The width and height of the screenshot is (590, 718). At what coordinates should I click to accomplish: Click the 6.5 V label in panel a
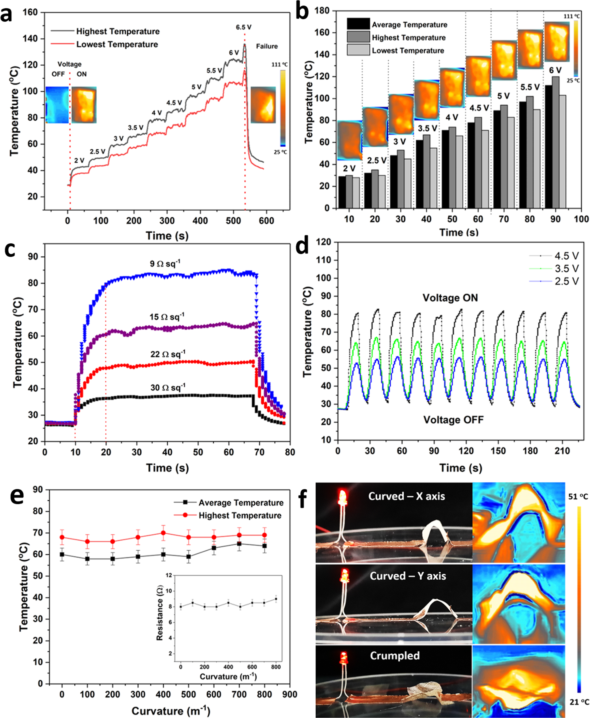pos(243,27)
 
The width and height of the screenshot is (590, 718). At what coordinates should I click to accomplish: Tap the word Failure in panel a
pos(267,46)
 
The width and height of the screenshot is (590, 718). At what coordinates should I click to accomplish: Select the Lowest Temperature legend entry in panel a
pos(117,45)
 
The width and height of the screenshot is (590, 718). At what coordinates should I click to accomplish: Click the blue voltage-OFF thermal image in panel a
pos(57,105)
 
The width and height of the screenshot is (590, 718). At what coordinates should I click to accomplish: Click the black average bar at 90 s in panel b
pos(548,146)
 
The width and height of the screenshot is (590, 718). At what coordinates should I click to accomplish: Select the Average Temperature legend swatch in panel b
pos(358,24)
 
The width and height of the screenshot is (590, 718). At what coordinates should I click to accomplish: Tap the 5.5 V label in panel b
pos(529,87)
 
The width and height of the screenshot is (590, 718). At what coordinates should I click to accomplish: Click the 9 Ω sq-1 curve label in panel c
pos(165,264)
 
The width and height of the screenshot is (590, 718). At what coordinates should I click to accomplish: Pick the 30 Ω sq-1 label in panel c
pos(168,388)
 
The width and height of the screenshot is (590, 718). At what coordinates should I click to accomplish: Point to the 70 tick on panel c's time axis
pos(259,452)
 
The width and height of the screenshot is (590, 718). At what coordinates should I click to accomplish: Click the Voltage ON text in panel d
pos(450,298)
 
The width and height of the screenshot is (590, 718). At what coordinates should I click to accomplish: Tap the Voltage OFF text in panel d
pos(453,420)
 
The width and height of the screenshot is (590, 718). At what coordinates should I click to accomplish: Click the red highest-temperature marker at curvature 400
pos(163,533)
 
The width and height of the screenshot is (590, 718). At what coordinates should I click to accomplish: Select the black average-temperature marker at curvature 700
pos(239,544)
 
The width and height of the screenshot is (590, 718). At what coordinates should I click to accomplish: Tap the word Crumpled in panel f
pos(395,656)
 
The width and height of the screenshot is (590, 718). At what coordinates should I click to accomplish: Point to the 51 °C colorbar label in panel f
pos(578,496)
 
